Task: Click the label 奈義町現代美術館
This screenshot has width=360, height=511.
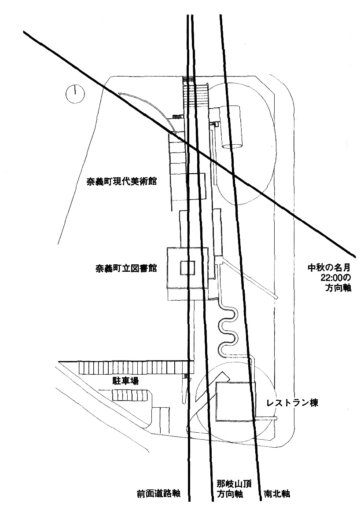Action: click(122, 181)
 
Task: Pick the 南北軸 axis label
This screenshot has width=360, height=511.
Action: click(277, 494)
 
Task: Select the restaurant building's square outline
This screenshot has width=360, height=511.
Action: click(235, 400)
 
